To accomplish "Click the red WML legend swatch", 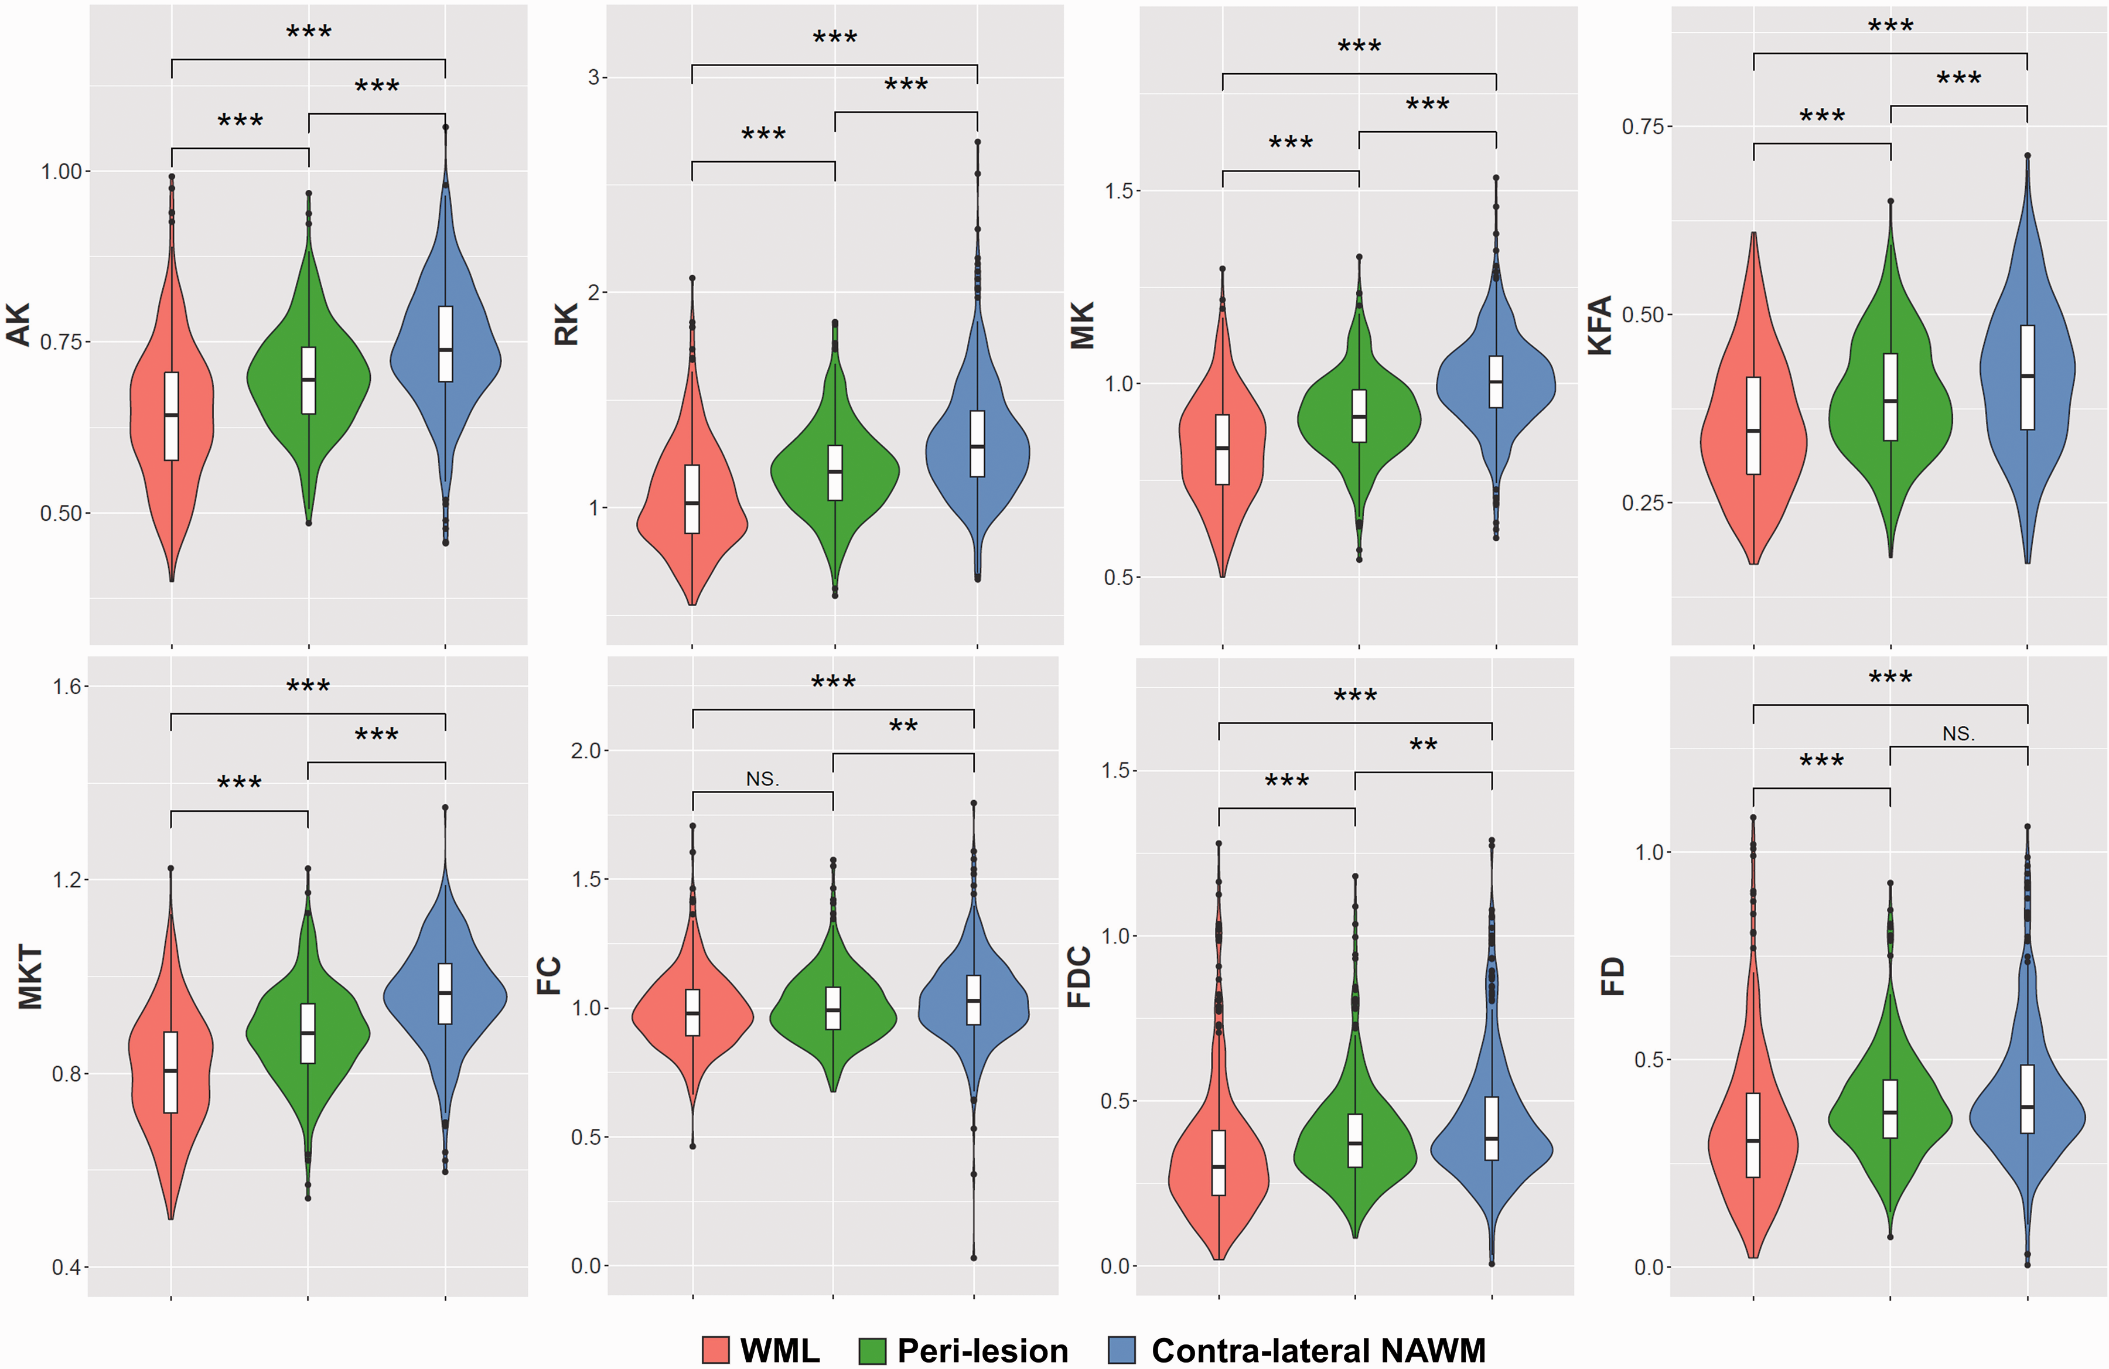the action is coord(715,1350).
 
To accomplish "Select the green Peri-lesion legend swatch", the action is coord(873,1350).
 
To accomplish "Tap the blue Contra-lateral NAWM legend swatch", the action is coord(1122,1350).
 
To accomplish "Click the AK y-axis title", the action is coord(19,323).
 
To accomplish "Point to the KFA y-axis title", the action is coord(1599,325).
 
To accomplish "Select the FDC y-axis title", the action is coord(1079,977).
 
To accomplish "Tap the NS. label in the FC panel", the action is coord(762,779).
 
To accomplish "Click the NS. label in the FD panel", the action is coord(1958,733).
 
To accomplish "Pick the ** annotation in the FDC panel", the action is coord(1423,745).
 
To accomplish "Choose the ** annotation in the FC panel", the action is coord(903,726).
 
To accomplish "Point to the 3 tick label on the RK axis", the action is coord(593,77).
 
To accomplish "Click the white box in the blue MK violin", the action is coord(1496,382).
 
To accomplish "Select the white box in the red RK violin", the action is coord(692,499).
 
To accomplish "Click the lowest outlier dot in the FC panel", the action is coord(974,1257).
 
